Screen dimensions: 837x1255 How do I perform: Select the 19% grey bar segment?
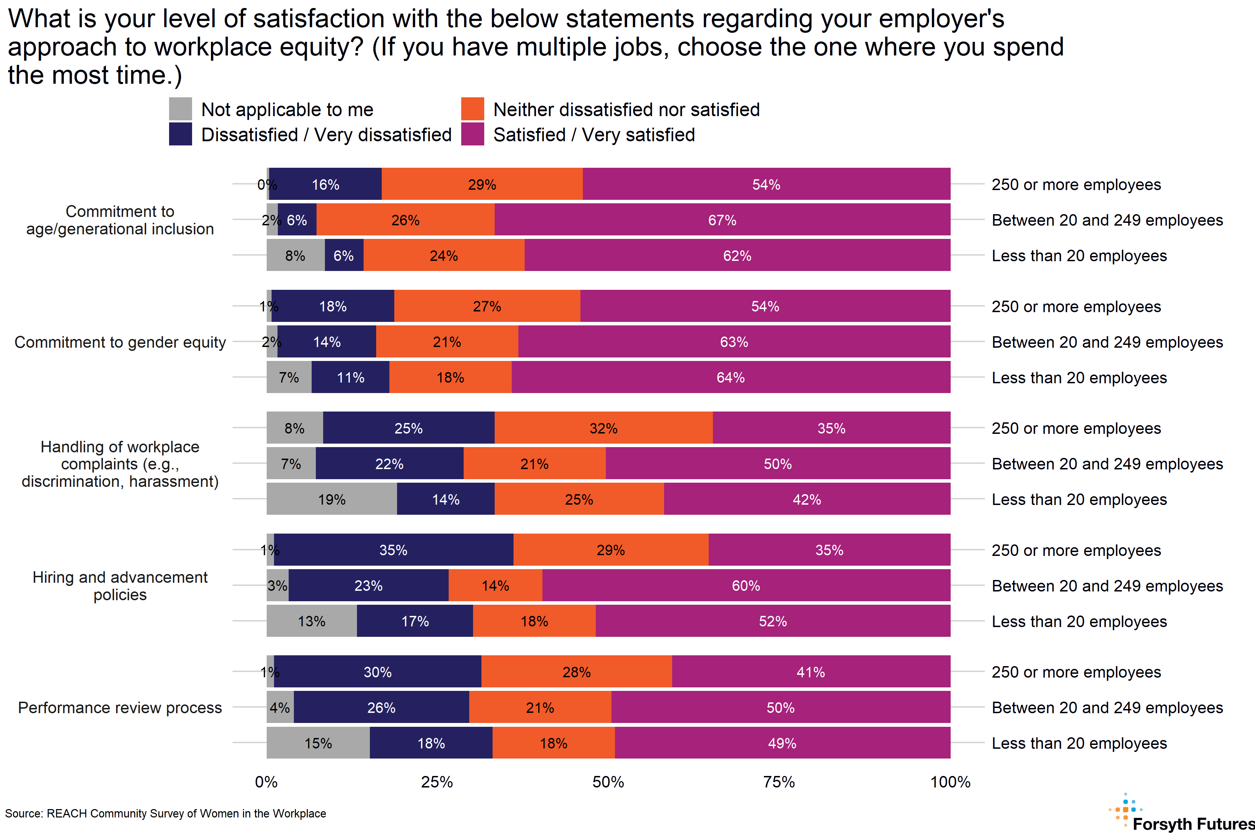point(332,499)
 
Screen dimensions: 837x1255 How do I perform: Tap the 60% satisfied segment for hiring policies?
point(745,585)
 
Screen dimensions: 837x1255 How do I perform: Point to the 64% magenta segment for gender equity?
point(730,377)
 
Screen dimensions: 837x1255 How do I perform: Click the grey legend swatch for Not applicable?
point(180,109)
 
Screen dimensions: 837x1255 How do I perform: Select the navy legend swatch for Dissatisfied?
point(180,134)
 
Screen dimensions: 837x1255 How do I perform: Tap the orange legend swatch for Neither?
point(472,109)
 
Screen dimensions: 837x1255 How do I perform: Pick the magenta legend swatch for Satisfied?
point(472,134)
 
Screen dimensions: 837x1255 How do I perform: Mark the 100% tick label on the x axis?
point(950,782)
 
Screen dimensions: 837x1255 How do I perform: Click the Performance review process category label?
point(120,707)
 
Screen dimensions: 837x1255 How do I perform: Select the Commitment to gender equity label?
point(120,342)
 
